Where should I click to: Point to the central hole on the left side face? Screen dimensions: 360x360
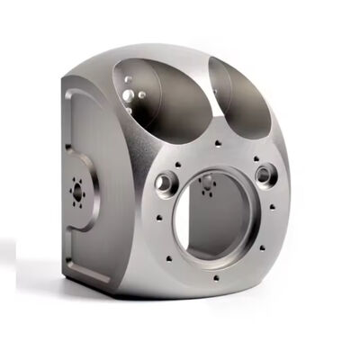tap(76, 192)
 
